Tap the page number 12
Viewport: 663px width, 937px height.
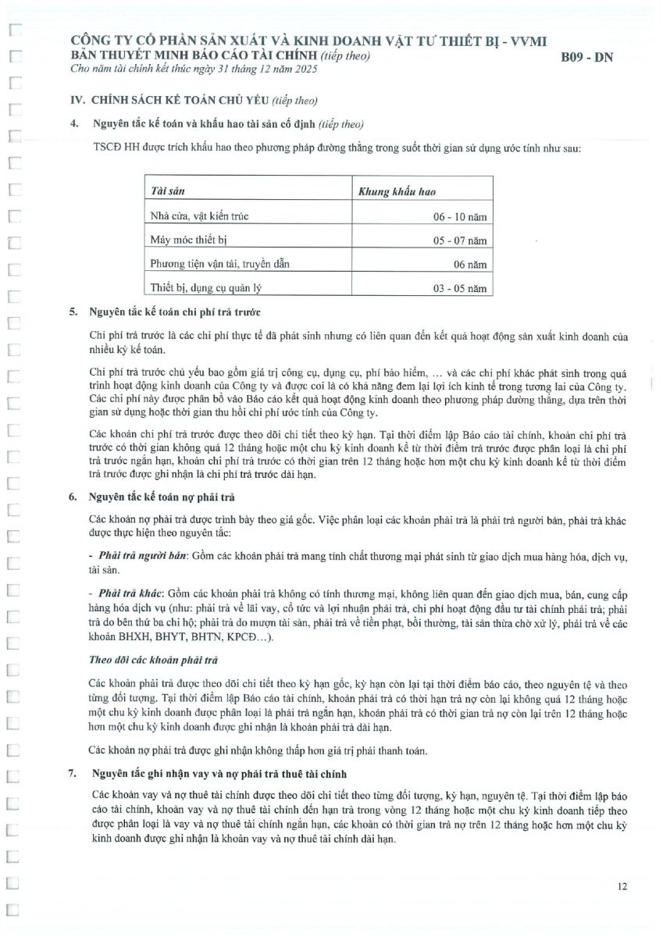click(622, 885)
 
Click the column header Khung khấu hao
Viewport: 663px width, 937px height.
click(397, 191)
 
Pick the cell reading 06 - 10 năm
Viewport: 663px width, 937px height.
click(460, 217)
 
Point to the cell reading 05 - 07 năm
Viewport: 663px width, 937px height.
click(460, 241)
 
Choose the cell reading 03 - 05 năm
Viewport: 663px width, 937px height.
click(460, 289)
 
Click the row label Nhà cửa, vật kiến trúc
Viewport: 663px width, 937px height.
click(199, 216)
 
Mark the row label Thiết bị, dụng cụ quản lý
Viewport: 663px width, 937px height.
click(205, 288)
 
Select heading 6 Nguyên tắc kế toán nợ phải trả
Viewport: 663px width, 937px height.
click(162, 496)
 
